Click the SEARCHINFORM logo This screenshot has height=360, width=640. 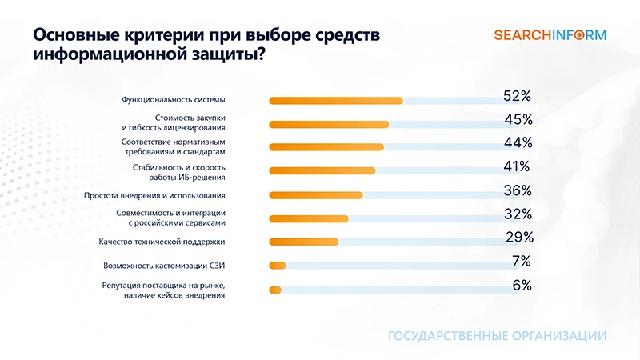point(550,34)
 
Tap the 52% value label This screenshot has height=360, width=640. point(518,96)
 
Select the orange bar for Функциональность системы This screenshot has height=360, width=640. point(336,101)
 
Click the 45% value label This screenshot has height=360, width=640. point(518,120)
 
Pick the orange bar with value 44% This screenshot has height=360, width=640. point(326,147)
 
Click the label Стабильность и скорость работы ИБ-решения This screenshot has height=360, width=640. point(178,171)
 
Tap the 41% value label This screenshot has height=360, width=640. point(516,166)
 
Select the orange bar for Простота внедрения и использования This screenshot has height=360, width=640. point(316,195)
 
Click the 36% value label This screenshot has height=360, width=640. point(518,190)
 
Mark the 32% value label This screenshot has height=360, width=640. point(518,214)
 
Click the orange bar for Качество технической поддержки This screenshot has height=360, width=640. point(304,242)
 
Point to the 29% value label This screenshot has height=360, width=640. point(519,237)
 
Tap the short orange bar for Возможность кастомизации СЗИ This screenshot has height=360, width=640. point(278,266)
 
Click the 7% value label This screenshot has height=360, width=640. point(522,261)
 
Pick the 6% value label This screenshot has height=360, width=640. point(522,285)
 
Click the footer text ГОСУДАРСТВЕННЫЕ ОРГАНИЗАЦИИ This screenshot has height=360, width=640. point(497,335)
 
